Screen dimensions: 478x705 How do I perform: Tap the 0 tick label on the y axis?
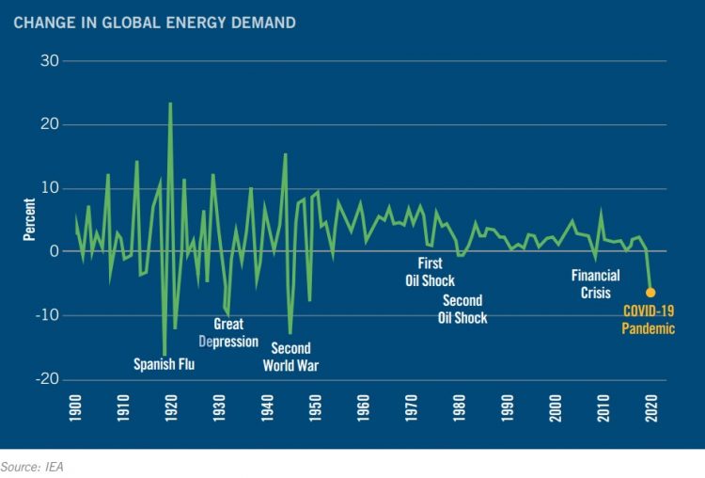click(54, 252)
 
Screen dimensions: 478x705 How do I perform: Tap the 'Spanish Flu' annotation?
click(164, 364)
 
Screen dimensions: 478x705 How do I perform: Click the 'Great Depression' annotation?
click(229, 332)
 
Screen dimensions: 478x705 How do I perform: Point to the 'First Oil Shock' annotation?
click(431, 272)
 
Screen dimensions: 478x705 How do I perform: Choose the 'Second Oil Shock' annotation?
click(462, 309)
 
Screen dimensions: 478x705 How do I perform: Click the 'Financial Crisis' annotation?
click(596, 284)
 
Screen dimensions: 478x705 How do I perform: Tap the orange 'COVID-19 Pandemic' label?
click(650, 319)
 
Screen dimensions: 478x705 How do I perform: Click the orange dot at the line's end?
click(650, 293)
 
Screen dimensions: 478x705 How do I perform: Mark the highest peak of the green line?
click(170, 104)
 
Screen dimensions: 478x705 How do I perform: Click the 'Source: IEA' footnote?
click(32, 465)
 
